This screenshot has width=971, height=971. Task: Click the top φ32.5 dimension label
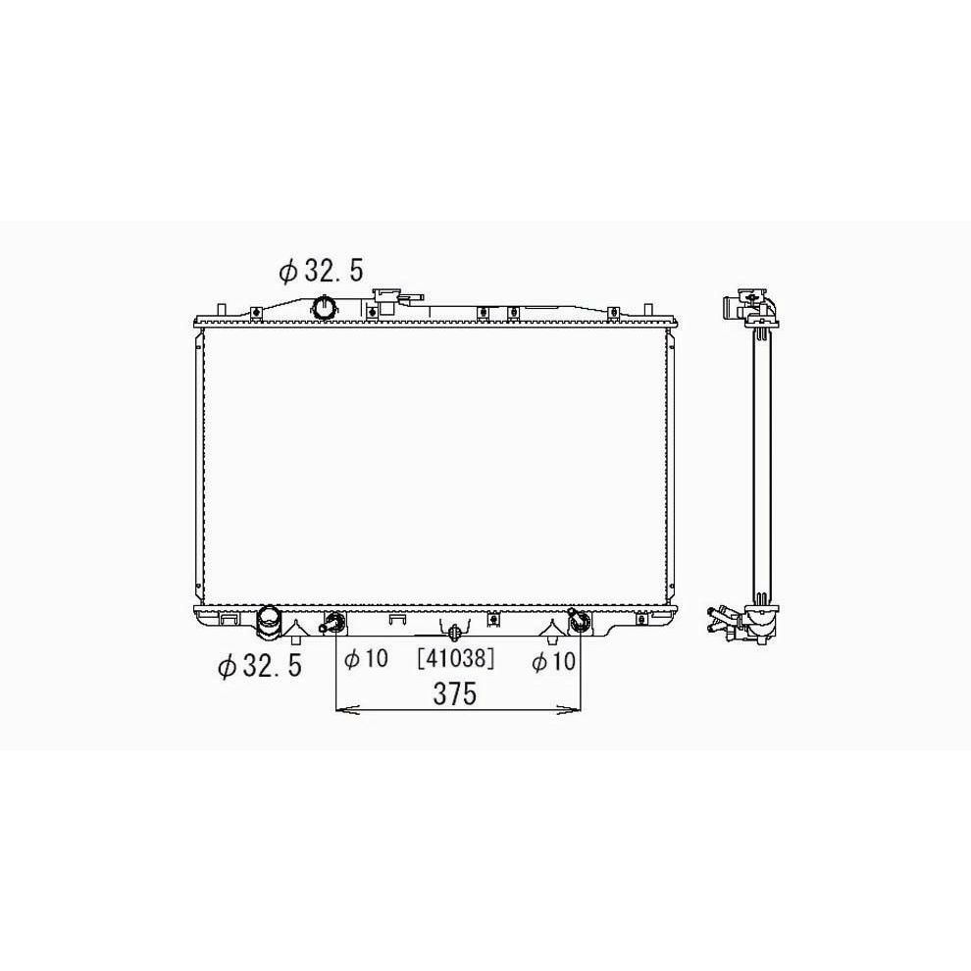pyautogui.click(x=321, y=271)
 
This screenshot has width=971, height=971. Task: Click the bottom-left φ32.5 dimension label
pyautogui.click(x=260, y=666)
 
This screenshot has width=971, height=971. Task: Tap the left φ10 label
pyautogui.click(x=366, y=658)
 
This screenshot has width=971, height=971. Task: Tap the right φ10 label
pyautogui.click(x=553, y=661)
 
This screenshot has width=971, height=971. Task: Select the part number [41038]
pyautogui.click(x=456, y=658)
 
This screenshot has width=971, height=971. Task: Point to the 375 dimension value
pyautogui.click(x=455, y=693)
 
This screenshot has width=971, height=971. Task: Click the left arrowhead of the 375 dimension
pyautogui.click(x=347, y=710)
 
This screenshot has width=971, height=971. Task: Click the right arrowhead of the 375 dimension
pyautogui.click(x=570, y=710)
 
